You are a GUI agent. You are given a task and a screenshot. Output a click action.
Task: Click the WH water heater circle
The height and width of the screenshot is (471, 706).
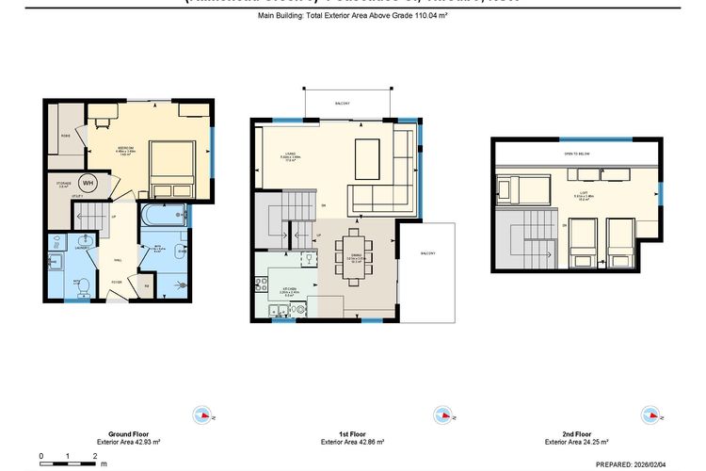(x=88, y=183)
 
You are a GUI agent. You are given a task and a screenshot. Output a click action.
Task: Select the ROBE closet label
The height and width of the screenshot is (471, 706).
(x=66, y=136)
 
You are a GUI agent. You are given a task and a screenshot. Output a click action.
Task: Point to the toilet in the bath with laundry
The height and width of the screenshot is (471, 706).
(x=83, y=283)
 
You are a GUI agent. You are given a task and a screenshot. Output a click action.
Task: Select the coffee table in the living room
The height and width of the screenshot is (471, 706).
(x=366, y=154)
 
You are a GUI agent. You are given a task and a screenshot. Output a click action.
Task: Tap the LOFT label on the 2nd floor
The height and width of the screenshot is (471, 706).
(x=584, y=196)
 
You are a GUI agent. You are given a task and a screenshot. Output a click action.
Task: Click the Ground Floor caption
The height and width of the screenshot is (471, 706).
(x=128, y=433)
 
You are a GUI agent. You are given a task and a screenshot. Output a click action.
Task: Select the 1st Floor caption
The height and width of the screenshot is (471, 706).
(x=349, y=433)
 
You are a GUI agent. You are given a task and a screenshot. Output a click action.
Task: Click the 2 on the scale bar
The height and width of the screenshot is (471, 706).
(x=95, y=456)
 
